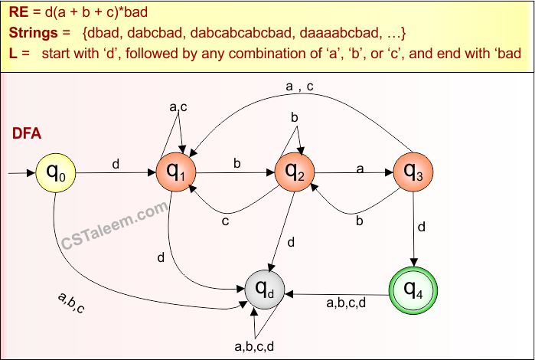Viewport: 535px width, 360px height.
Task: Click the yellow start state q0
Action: point(56,173)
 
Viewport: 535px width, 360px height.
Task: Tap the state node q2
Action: point(295,172)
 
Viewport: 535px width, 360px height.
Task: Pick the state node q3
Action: point(414,172)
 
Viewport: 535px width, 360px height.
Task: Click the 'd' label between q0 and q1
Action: point(116,164)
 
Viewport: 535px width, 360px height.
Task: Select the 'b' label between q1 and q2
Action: point(237,163)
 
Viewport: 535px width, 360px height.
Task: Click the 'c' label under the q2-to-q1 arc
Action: point(226,222)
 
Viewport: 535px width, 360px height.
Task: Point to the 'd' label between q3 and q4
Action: point(422,227)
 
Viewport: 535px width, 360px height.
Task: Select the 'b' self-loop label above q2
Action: point(293,117)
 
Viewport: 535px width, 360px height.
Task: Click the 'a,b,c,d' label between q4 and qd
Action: point(346,303)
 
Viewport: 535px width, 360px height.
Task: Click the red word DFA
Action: point(27,134)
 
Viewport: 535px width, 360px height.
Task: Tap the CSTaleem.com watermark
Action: point(114,227)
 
